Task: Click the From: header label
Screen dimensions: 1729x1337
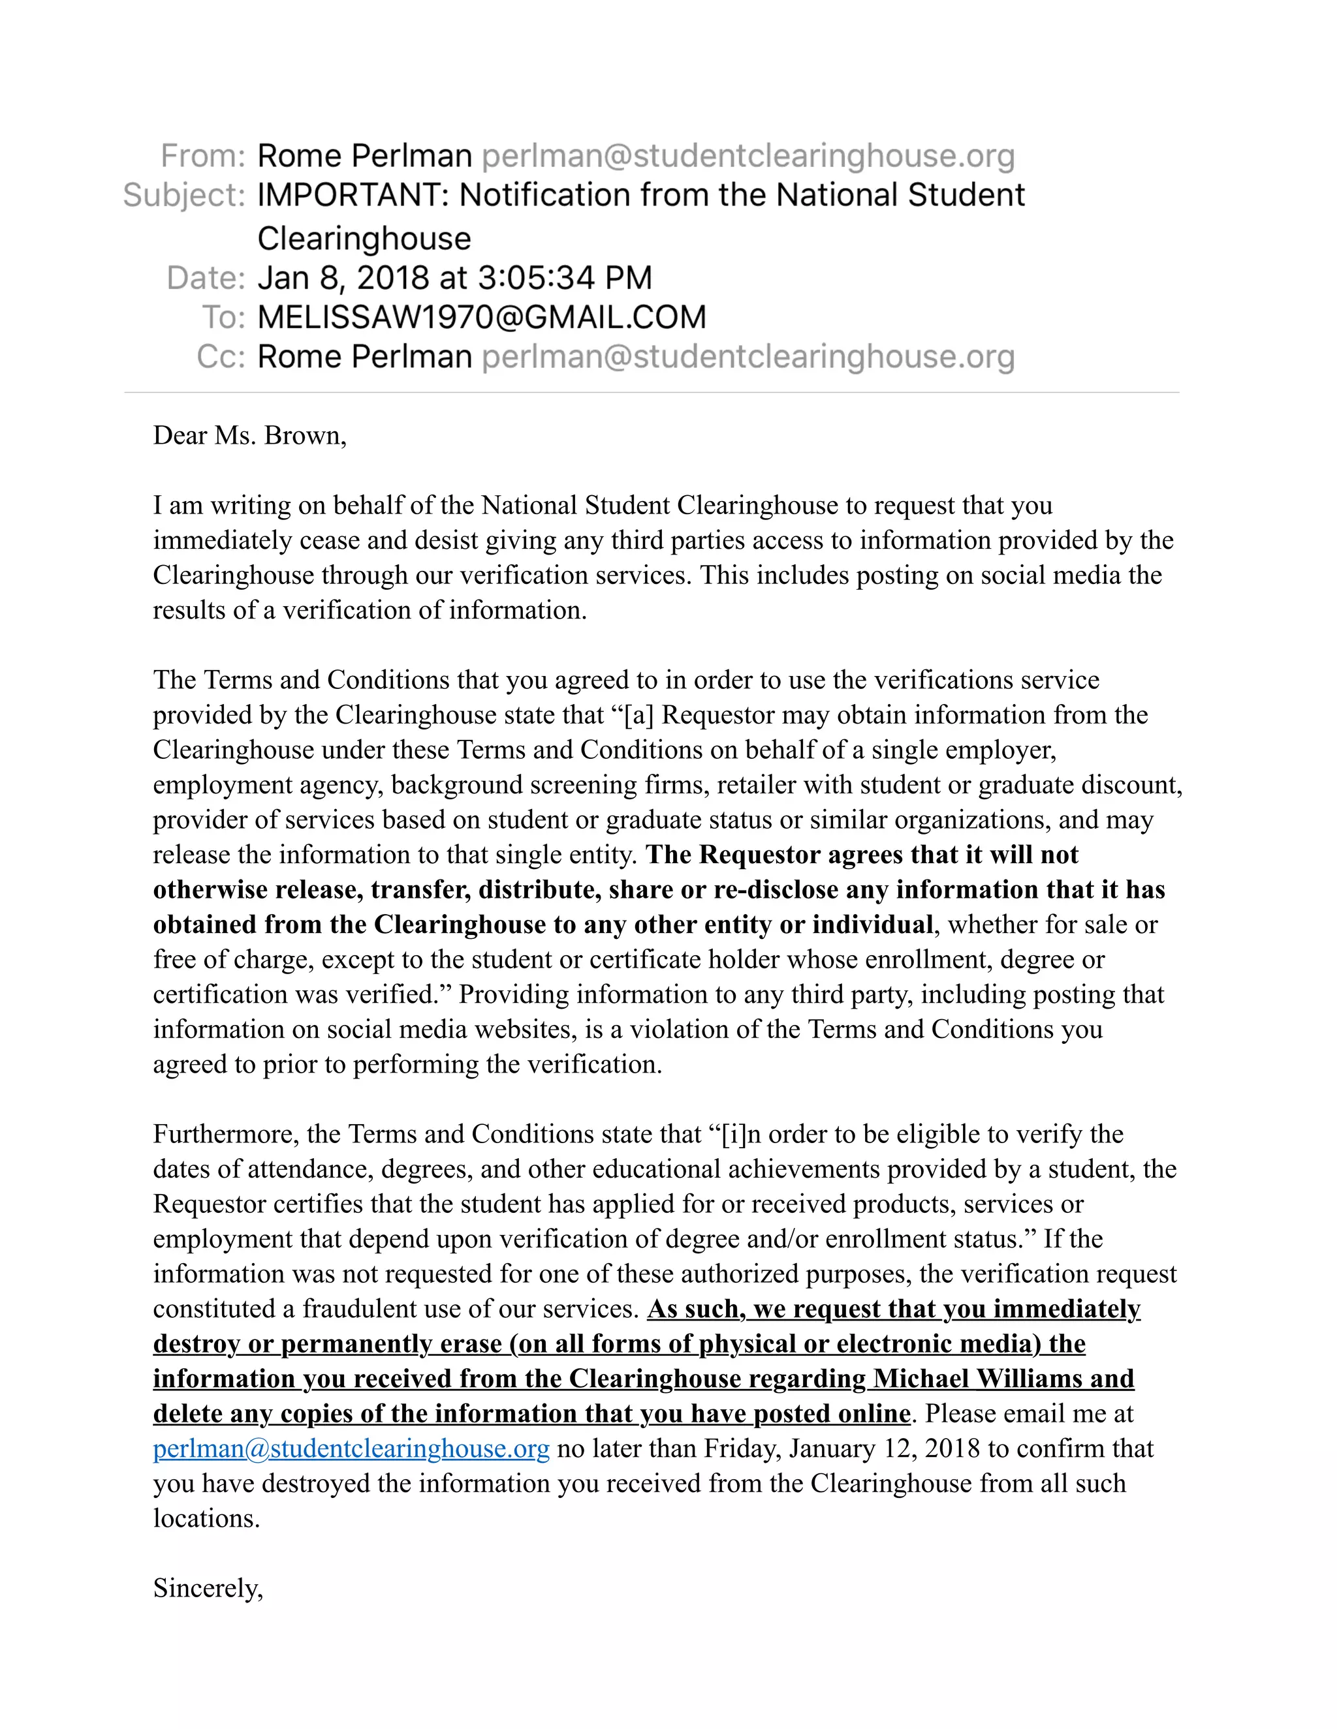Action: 203,156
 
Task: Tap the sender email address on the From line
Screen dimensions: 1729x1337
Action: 747,156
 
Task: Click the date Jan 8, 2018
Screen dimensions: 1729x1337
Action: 343,278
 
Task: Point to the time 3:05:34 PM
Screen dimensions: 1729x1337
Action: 565,278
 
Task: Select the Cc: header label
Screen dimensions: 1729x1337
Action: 221,357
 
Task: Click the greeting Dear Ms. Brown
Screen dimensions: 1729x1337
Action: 249,435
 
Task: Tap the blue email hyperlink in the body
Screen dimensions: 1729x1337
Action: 351,1448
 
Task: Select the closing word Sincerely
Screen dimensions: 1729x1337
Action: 208,1588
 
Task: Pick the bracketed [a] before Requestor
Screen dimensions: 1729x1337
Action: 638,715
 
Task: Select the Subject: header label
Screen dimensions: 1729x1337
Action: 183,196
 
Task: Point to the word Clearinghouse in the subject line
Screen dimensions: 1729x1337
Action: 364,238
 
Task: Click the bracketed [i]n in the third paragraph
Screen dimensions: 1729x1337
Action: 742,1134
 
